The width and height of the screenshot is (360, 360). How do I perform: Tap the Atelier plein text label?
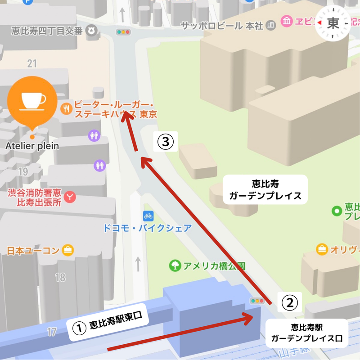[32, 146]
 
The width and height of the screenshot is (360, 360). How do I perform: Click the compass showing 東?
[333, 23]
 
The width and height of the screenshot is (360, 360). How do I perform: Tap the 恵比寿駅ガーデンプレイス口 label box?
[306, 332]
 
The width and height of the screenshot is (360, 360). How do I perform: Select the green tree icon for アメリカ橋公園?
[175, 265]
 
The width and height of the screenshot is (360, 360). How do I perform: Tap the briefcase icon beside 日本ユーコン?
[68, 250]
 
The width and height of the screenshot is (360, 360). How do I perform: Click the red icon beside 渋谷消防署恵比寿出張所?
[70, 197]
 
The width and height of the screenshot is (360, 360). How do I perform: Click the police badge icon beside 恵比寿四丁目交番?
[92, 31]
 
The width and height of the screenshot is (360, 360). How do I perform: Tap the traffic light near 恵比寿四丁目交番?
[123, 32]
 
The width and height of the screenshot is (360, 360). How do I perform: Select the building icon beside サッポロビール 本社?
[271, 25]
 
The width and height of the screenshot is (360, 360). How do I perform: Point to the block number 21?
[32, 63]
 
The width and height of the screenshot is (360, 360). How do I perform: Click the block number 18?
[60, 277]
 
